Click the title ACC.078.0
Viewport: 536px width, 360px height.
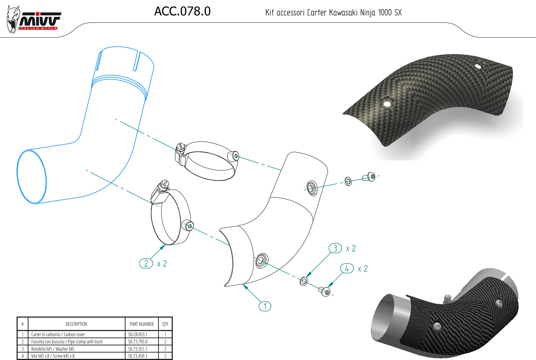(182, 12)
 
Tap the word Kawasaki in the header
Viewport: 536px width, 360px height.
(343, 13)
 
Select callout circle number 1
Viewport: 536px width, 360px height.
(265, 306)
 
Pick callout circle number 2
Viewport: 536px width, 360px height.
(146, 264)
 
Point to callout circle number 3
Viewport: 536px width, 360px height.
(335, 248)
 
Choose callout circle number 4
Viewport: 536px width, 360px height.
(347, 269)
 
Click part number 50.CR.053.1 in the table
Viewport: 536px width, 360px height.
(138, 334)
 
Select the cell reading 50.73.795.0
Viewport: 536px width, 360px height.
(138, 342)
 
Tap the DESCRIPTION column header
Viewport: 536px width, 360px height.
(76, 324)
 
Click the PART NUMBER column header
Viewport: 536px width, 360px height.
(142, 324)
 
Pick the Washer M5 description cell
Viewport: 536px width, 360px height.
(53, 349)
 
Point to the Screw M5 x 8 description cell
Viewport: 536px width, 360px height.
(53, 356)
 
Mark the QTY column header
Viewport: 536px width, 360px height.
(165, 324)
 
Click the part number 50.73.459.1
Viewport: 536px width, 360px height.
(138, 356)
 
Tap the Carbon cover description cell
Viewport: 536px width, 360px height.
(58, 334)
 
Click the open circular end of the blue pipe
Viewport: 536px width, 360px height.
(32, 177)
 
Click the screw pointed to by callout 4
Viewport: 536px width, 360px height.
(326, 291)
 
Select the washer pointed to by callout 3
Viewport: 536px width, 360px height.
(304, 281)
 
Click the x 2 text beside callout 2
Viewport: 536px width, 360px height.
(162, 264)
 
